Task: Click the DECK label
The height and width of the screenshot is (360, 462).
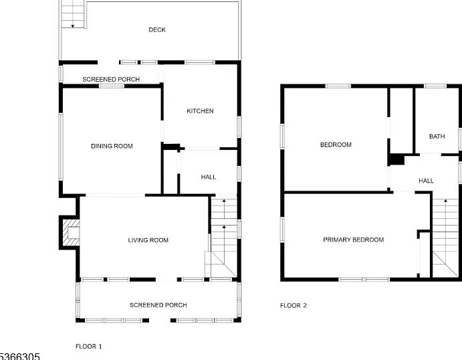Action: click(x=157, y=30)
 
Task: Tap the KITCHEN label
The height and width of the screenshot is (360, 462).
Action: click(x=200, y=111)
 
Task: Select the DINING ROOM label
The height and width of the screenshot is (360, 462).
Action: click(x=112, y=146)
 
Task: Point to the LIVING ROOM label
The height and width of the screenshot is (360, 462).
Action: click(x=148, y=240)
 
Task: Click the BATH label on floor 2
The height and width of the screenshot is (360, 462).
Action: click(x=437, y=137)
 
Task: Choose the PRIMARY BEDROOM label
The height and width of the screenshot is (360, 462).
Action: click(x=353, y=240)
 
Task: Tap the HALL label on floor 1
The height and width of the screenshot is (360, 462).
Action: click(x=209, y=177)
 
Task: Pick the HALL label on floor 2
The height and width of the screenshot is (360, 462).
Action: click(x=426, y=181)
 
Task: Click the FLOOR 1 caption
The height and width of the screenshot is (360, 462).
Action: click(x=89, y=347)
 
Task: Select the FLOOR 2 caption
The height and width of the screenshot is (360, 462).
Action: click(x=293, y=305)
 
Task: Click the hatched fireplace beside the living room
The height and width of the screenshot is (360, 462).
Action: click(x=71, y=233)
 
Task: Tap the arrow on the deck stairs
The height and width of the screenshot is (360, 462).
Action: click(x=72, y=26)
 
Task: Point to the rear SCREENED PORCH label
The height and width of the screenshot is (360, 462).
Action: click(x=111, y=80)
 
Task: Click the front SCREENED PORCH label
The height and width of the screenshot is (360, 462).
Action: click(x=158, y=305)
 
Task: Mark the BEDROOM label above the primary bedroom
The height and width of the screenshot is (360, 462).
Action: click(x=336, y=145)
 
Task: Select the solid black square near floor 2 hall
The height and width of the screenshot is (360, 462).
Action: click(x=396, y=159)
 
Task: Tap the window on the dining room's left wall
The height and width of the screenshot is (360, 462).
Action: click(x=61, y=147)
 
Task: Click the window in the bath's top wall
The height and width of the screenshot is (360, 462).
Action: click(x=435, y=86)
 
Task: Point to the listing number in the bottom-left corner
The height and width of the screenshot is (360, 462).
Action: click(x=19, y=357)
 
